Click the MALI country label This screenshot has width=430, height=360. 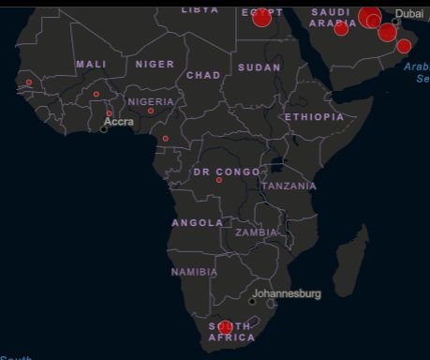pos(91,64)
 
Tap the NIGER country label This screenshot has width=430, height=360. pos(155,64)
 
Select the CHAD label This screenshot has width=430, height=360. pos(203,75)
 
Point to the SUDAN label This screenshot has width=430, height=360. pos(259,67)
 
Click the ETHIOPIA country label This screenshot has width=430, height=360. pos(315,117)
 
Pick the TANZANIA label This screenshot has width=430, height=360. pos(289,186)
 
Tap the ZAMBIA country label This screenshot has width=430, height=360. pos(257,232)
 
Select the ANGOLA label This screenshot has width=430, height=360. pos(198,223)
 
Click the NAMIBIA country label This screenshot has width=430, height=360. pos(194,272)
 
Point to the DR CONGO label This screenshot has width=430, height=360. pos(227,172)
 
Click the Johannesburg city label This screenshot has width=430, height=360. pos(287,293)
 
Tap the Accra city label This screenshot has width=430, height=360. pos(119,122)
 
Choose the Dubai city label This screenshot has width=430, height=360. pos(408,13)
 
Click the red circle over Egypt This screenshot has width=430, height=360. pos(261,17)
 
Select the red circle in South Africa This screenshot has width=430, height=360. pos(225,327)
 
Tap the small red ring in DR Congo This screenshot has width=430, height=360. pos(218,180)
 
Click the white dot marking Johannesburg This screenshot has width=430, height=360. pos(252,301)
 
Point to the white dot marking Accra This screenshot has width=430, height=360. pos(104,128)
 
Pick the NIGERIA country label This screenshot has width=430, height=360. pos(151,101)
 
